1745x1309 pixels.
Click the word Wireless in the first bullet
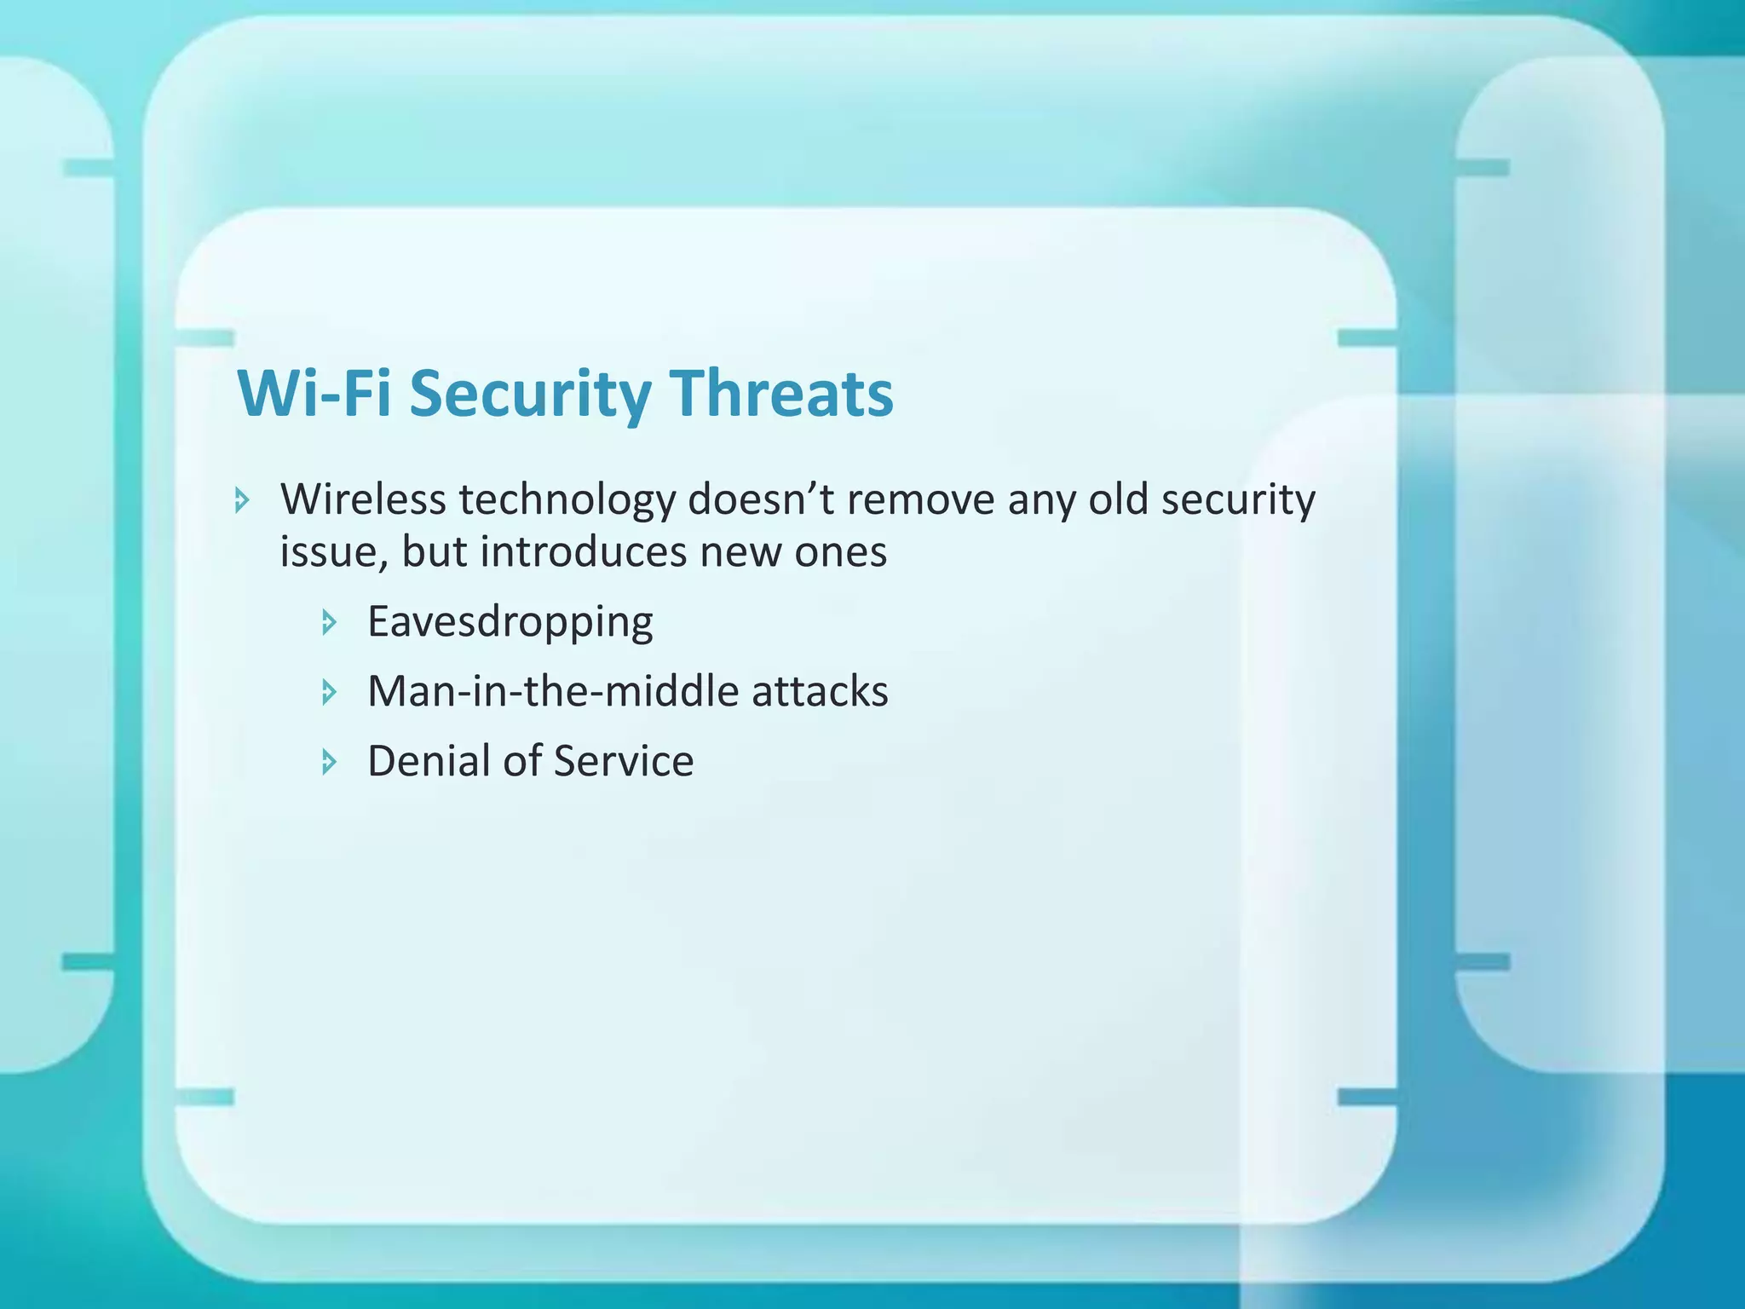tap(363, 499)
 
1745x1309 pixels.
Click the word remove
tap(920, 499)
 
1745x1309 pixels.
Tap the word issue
tap(334, 552)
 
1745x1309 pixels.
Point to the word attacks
tap(820, 691)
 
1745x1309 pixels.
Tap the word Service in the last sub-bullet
tap(623, 761)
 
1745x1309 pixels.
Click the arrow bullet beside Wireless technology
tap(243, 500)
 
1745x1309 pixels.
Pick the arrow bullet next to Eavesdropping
tap(330, 623)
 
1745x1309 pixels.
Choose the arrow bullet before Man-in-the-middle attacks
tap(330, 692)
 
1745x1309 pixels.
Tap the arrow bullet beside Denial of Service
tap(330, 762)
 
